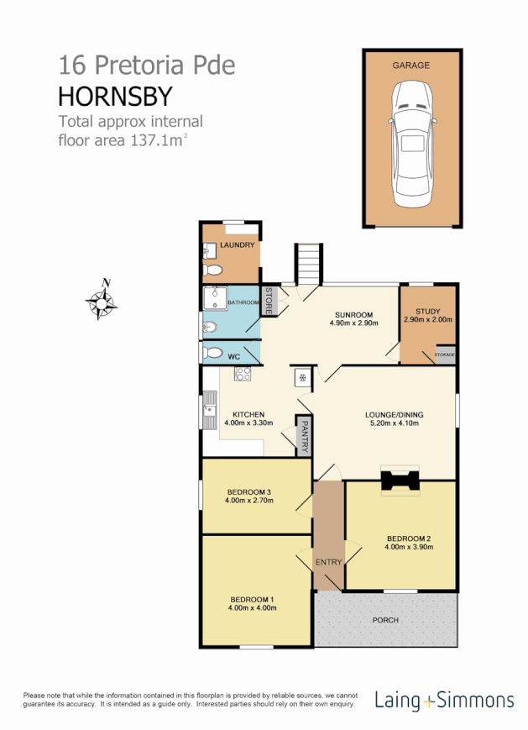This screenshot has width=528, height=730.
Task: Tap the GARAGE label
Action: [411, 65]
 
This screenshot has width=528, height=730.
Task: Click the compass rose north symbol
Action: [102, 300]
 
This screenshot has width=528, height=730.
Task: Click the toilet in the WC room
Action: [214, 353]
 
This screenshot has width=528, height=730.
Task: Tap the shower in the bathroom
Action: [217, 299]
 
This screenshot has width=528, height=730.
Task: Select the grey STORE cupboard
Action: [270, 300]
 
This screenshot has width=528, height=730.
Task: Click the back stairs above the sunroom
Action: [308, 264]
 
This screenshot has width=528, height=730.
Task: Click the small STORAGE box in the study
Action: [444, 354]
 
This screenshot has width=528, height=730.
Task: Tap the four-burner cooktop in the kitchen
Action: [243, 375]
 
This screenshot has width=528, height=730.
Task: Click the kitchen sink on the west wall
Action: [209, 411]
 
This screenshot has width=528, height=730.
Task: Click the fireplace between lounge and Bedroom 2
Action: [400, 480]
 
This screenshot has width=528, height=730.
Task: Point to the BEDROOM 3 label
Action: [249, 491]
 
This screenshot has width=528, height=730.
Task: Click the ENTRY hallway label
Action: [328, 562]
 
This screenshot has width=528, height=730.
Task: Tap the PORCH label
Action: [386, 620]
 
